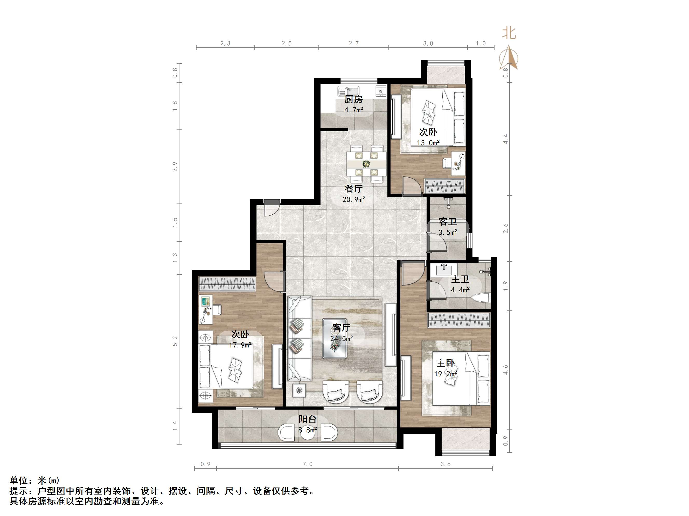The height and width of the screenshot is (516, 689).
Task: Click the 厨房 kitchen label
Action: (x=353, y=99)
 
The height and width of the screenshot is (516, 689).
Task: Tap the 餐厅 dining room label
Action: (x=353, y=189)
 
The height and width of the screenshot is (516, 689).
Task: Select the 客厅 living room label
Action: (x=341, y=328)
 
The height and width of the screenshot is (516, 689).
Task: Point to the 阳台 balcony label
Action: (x=308, y=419)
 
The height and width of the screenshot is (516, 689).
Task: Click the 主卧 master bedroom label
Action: (x=446, y=363)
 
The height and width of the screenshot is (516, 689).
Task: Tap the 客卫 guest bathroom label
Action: (x=448, y=222)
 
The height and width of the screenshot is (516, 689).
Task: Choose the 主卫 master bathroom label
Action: (x=460, y=279)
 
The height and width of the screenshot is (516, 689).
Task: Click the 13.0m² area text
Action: (x=428, y=143)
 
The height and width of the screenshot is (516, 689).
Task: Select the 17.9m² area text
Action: (x=240, y=345)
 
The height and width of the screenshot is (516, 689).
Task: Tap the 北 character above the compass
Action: (x=509, y=33)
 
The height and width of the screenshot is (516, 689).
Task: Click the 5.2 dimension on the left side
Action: (x=175, y=341)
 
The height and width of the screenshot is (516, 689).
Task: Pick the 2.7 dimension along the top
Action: (x=353, y=43)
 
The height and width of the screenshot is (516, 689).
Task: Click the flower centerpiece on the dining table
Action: (x=366, y=163)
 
